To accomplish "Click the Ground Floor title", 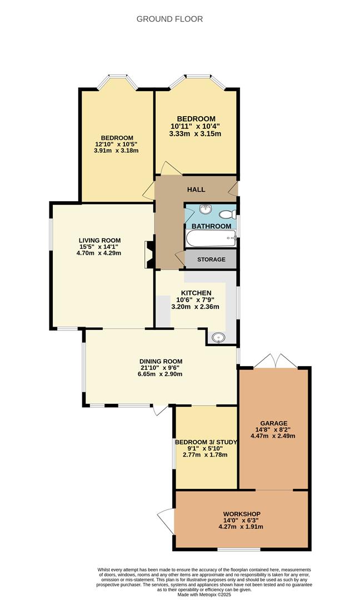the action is click(169, 19).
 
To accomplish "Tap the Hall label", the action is click(196, 189).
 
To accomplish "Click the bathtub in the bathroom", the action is click(211, 238).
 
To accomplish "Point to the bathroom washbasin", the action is click(206, 209).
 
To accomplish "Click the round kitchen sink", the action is click(218, 337).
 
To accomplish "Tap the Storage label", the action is click(211, 259).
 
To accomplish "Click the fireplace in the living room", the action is click(149, 254).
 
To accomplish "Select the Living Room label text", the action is click(99, 241).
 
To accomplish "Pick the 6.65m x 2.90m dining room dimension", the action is click(160, 374).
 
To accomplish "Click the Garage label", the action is click(273, 423).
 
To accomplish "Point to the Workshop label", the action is click(242, 514).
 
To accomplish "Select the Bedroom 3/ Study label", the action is click(206, 442).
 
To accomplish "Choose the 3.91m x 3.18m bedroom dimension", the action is click(116, 151).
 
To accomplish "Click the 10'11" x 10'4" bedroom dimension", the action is click(196, 126).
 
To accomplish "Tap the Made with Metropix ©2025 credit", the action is click(204, 594).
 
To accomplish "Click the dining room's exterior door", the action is click(161, 410).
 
